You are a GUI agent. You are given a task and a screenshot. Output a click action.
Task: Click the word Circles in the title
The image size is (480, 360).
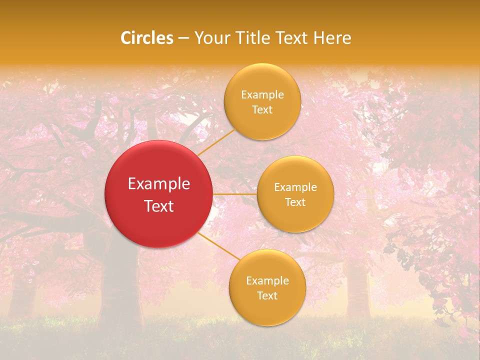point(146,38)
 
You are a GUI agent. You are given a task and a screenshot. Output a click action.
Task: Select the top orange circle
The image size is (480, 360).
point(262,125)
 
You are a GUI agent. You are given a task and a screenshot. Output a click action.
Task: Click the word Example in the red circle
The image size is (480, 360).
point(159,184)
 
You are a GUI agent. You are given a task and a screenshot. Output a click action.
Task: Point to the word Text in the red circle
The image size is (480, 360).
point(159,206)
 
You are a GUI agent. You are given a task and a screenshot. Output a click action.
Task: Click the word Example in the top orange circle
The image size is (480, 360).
point(262,95)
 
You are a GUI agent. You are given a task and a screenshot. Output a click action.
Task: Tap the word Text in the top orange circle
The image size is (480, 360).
point(262,109)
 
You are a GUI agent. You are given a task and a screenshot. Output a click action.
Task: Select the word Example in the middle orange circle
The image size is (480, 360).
point(295,187)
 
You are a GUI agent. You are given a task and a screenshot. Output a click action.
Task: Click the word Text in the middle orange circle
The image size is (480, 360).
point(295,202)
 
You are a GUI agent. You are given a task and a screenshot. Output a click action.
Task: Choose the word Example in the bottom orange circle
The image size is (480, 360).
point(267,281)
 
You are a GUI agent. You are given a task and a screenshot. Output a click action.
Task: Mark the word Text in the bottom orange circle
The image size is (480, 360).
point(267,295)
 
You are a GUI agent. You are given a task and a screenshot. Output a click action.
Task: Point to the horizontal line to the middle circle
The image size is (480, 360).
point(234,194)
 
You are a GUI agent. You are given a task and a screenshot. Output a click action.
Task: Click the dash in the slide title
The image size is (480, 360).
point(183,38)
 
